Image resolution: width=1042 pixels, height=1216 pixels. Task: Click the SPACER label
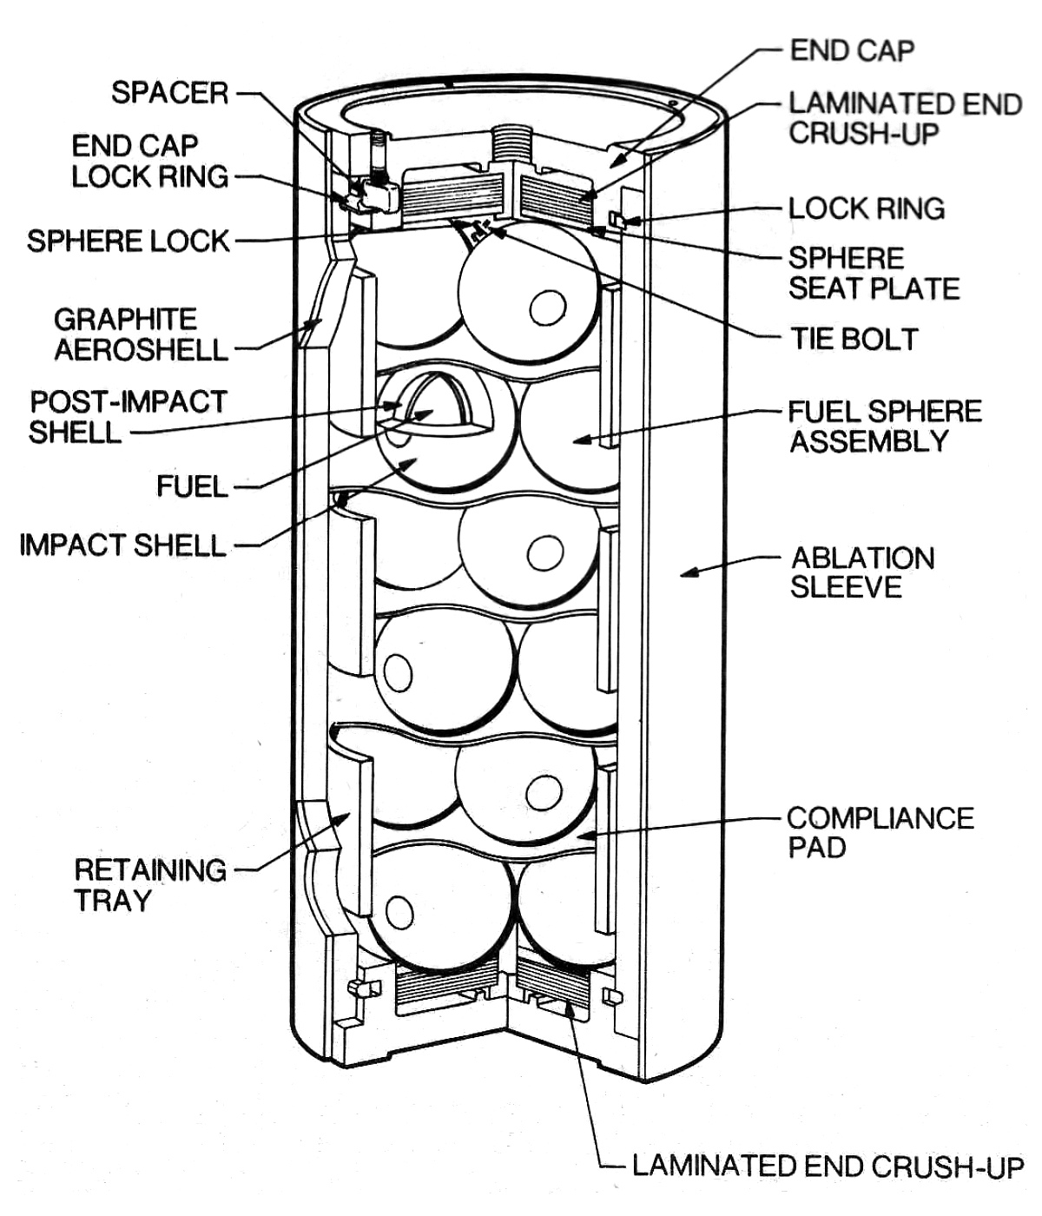pyautogui.click(x=169, y=93)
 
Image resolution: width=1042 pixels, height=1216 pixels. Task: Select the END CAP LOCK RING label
pyautogui.click(x=149, y=162)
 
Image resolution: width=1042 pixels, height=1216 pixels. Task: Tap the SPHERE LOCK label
pyautogui.click(x=128, y=241)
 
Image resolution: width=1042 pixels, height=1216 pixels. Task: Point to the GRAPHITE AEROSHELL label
pyautogui.click(x=140, y=334)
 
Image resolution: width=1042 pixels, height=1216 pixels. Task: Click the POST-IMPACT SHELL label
pyautogui.click(x=128, y=417)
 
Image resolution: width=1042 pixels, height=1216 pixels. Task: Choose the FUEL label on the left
pyautogui.click(x=192, y=486)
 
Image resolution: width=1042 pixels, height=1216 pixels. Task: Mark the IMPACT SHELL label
pyautogui.click(x=122, y=545)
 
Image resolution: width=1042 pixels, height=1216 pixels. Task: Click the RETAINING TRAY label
pyautogui.click(x=149, y=885)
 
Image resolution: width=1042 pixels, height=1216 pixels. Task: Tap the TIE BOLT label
pyautogui.click(x=854, y=339)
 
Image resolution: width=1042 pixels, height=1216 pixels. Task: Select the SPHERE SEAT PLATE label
pyautogui.click(x=874, y=273)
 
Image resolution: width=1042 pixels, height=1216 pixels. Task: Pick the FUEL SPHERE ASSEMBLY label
pyautogui.click(x=884, y=426)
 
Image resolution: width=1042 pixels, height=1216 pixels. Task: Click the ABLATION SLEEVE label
pyautogui.click(x=862, y=572)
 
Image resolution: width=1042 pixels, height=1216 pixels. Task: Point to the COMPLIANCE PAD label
pyautogui.click(x=880, y=832)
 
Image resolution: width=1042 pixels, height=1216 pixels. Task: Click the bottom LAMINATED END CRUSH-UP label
pyautogui.click(x=828, y=1166)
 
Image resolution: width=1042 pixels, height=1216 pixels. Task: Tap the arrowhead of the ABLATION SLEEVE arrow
pyautogui.click(x=684, y=572)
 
